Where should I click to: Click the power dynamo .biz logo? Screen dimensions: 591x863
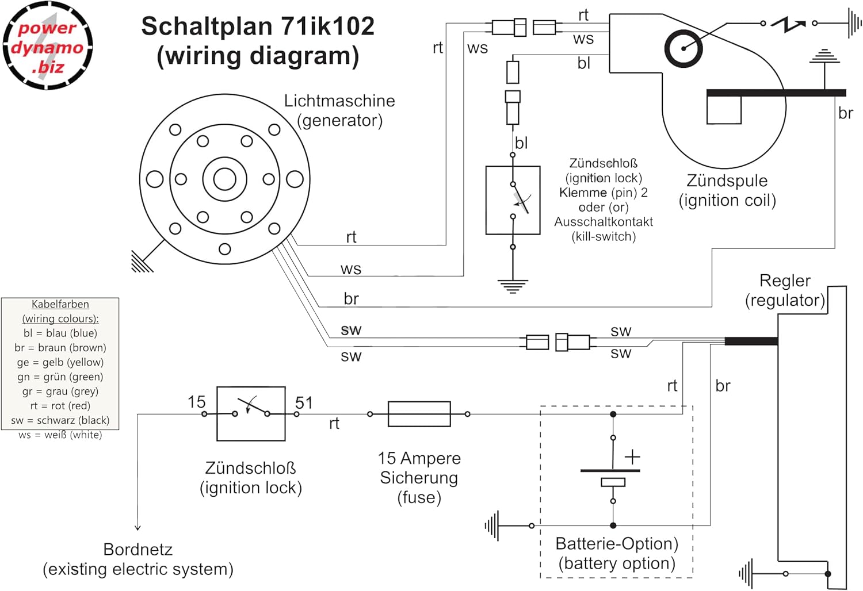pos(47,46)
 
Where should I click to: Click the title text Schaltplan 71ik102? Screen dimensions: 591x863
pos(258,26)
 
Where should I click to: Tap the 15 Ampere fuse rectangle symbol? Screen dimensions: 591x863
pos(419,414)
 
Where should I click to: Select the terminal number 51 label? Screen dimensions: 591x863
pos(304,402)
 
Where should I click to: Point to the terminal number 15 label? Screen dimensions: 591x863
pos(196,402)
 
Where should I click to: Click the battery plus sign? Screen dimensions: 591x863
pos(632,457)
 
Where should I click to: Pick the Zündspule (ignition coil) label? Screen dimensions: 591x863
pos(727,190)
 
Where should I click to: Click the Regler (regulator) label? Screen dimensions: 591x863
pos(785,290)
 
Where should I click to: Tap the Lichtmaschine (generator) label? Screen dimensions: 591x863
pos(339,110)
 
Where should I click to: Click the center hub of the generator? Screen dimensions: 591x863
pos(224,179)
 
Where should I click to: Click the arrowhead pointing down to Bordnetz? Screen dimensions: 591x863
pos(138,527)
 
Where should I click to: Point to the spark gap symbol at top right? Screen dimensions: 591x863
pos(788,24)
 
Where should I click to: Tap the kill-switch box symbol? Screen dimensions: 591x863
pos(513,200)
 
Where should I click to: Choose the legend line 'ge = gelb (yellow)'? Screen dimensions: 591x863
pos(60,362)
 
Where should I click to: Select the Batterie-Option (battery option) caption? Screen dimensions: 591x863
pos(617,553)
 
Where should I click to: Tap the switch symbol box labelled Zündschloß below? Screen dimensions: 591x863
pos(251,414)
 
